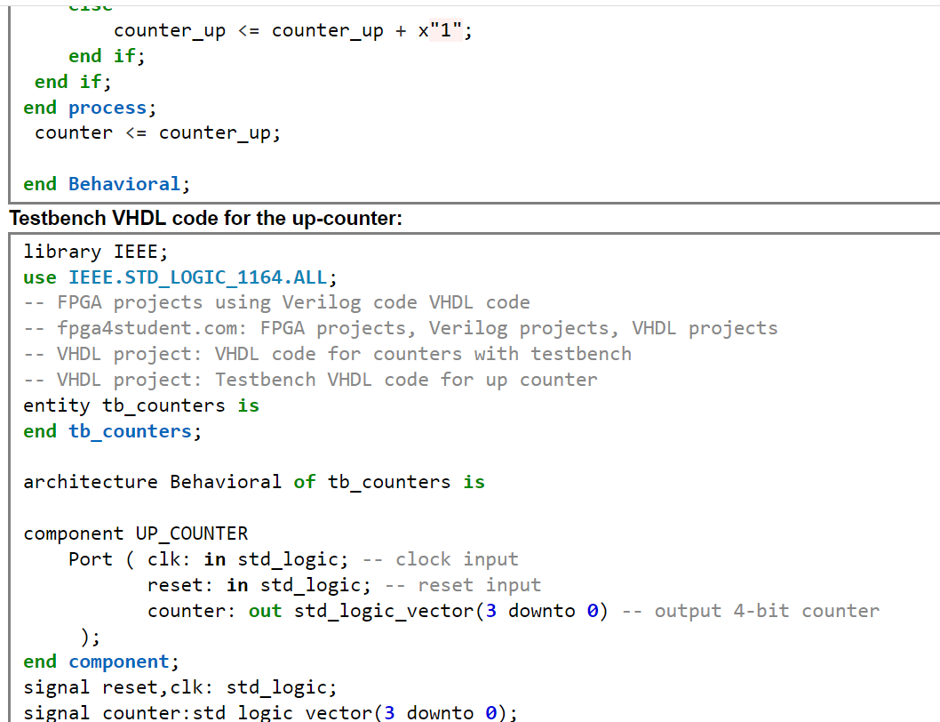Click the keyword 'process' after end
click(x=107, y=108)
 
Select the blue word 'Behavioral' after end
click(x=123, y=184)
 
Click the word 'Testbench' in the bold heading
click(x=58, y=218)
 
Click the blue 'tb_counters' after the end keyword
click(x=130, y=431)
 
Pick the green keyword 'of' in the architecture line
click(x=305, y=482)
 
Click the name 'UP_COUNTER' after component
click(x=192, y=533)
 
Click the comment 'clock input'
click(x=457, y=559)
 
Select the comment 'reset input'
click(x=479, y=585)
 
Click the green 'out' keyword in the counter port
click(x=265, y=611)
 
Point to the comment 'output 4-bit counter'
click(x=767, y=611)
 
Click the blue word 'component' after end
click(x=118, y=662)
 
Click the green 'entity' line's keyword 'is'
click(x=248, y=405)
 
